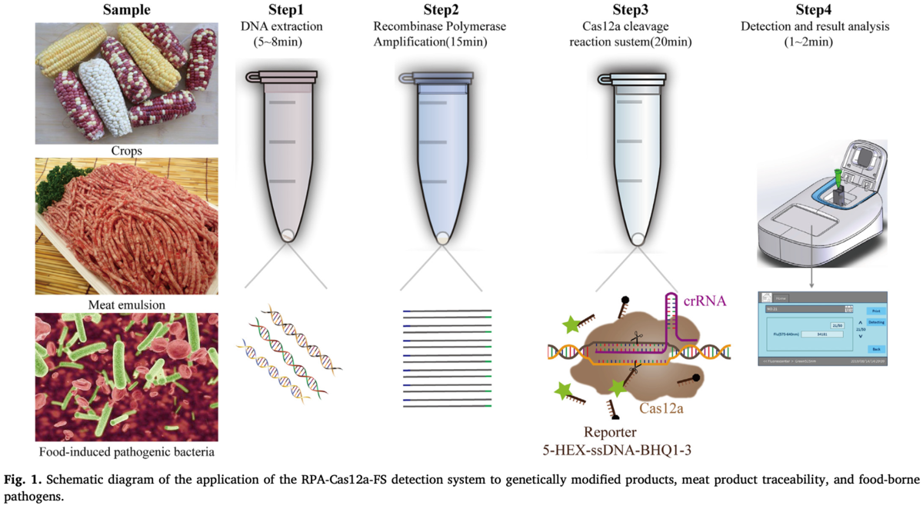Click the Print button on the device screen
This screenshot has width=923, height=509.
click(875, 311)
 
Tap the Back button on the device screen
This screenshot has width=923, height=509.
click(875, 348)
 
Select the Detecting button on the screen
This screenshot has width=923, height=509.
click(875, 323)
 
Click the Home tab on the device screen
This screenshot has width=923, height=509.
click(780, 298)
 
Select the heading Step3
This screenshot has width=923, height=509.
click(629, 10)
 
